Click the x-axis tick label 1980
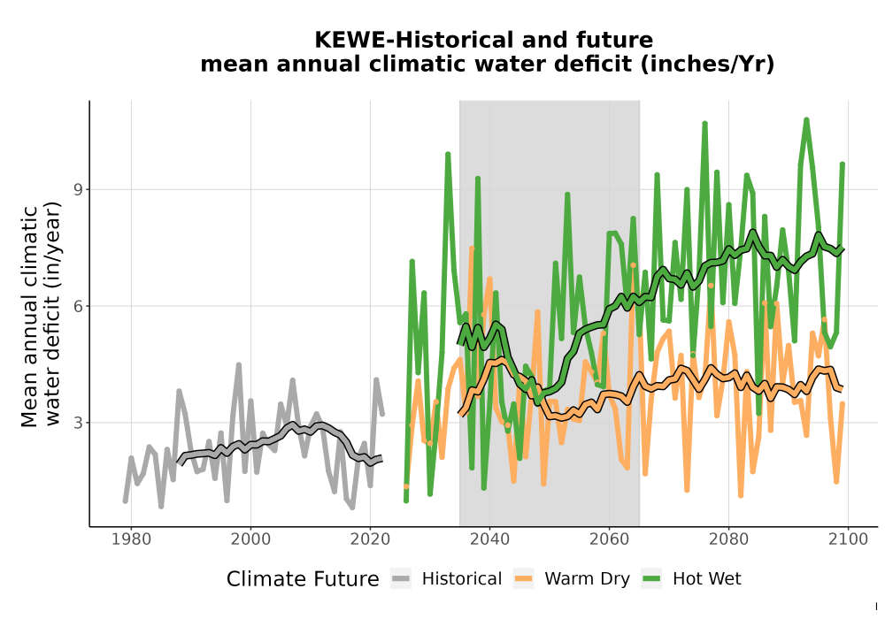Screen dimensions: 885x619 [x=132, y=539]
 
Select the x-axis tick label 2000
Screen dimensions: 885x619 [x=251, y=539]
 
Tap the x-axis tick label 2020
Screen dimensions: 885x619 [x=370, y=539]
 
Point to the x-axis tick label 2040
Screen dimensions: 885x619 [x=490, y=539]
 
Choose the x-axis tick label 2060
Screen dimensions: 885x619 [x=610, y=539]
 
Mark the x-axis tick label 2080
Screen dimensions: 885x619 [x=728, y=539]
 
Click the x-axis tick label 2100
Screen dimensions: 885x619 [x=849, y=539]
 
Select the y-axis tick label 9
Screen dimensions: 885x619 [x=78, y=189]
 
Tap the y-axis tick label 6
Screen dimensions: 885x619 [x=78, y=306]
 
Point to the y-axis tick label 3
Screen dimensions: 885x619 [x=78, y=423]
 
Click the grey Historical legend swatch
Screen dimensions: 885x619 [x=401, y=579]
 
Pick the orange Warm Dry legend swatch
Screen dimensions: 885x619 [x=524, y=579]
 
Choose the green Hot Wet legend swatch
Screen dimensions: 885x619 [x=651, y=579]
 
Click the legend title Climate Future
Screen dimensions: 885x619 [x=303, y=579]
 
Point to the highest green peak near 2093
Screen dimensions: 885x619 [x=806, y=119]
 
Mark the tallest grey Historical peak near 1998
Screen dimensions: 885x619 [x=239, y=364]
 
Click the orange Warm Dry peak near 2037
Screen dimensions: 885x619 [x=472, y=248]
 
